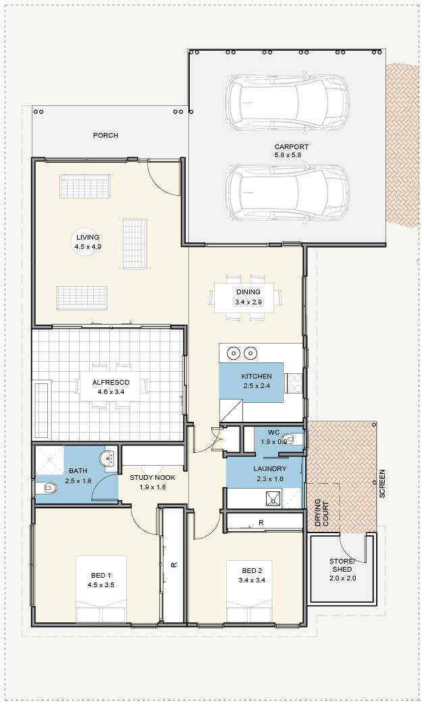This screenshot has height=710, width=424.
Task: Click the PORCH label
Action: [105, 136]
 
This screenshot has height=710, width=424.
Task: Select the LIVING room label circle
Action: [87, 242]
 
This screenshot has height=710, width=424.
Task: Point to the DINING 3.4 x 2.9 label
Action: [248, 297]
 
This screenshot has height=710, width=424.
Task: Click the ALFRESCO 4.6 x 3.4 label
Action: [111, 387]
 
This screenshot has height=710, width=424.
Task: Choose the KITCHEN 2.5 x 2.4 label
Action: [257, 381]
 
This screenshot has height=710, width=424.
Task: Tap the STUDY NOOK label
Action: [152, 477]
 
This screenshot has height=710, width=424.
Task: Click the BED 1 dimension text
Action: [101, 584]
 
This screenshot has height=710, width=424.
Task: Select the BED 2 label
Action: [252, 570]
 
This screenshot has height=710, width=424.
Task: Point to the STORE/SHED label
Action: [342, 565]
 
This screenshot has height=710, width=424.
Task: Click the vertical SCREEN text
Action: [382, 484]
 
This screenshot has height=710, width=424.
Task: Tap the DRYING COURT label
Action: [321, 512]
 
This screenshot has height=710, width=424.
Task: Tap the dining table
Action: [244, 298]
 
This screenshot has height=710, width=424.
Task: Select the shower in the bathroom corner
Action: [49, 460]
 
